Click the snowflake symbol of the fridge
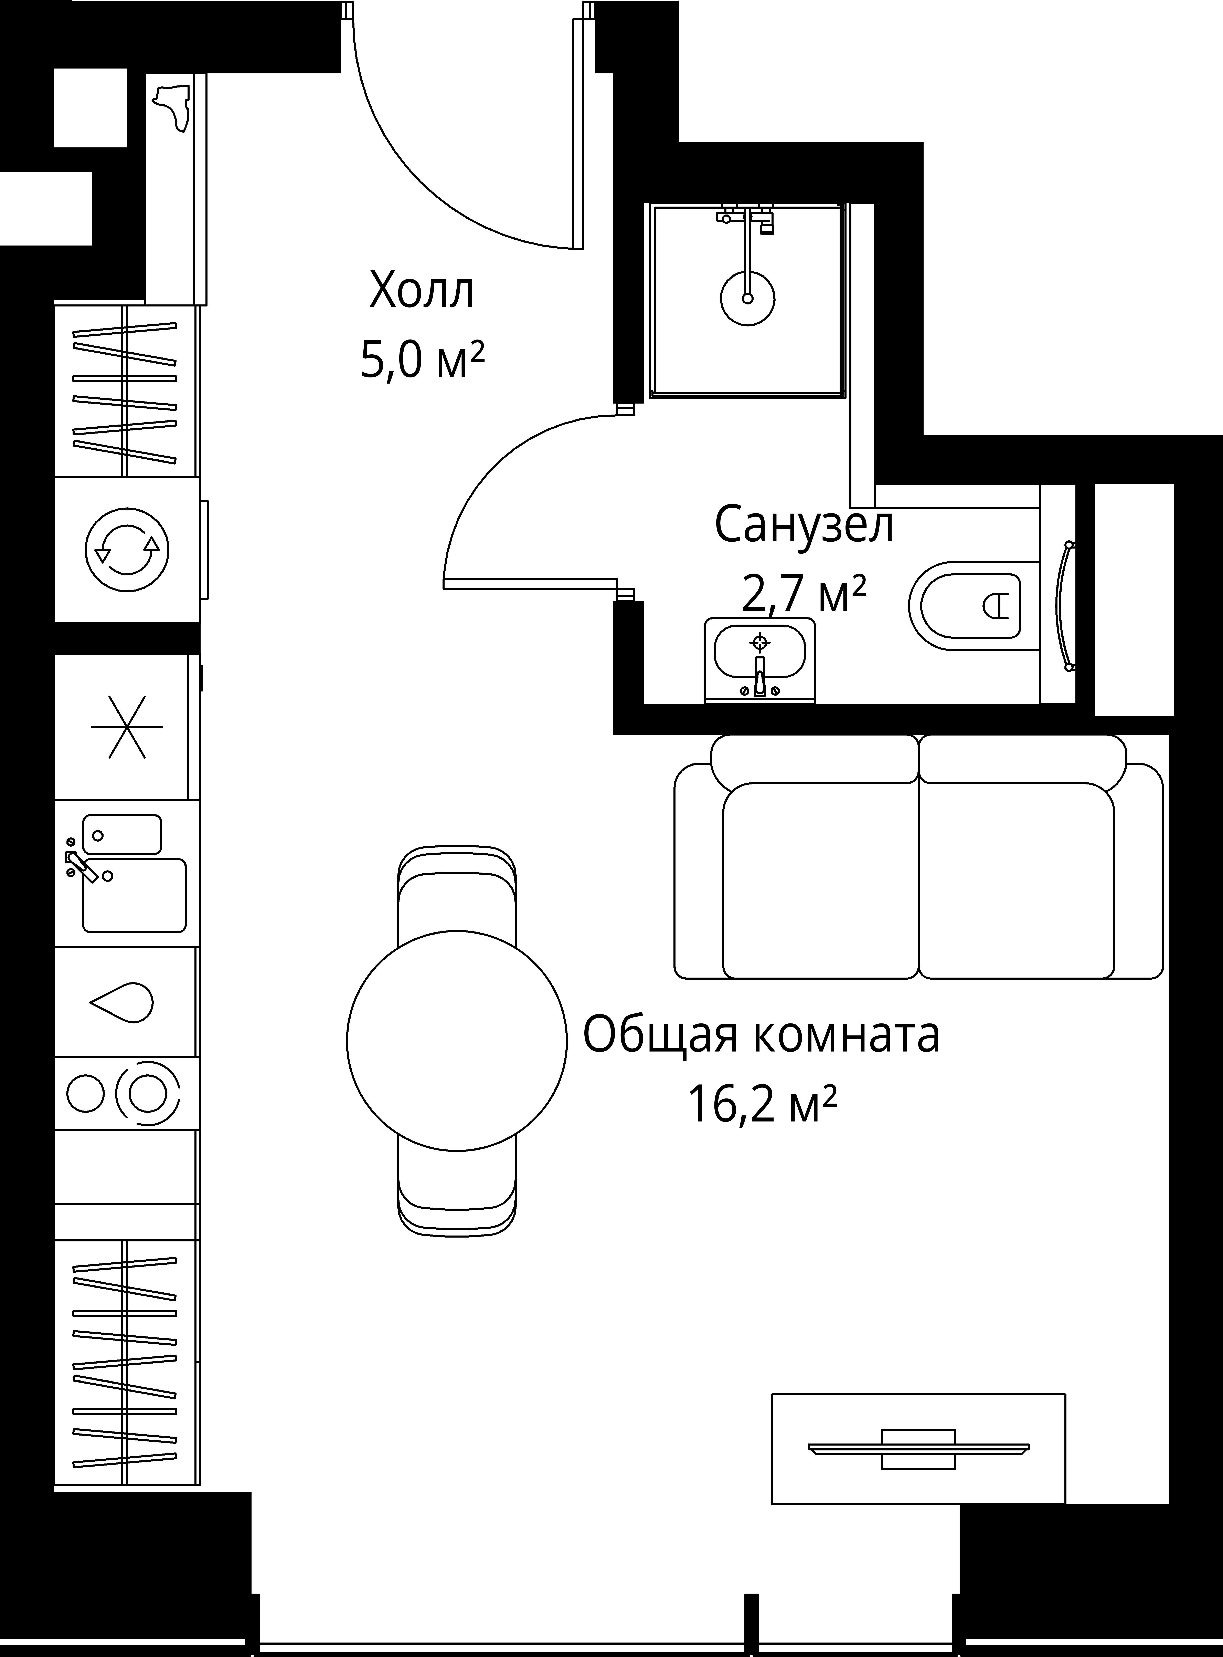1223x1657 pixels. pos(127,726)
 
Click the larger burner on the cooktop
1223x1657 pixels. pos(147,1092)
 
